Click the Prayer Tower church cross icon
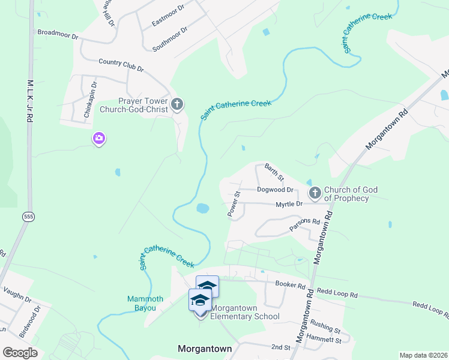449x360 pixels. coord(176,105)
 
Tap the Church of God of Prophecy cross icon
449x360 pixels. coord(315,193)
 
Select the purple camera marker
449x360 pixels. coord(99,139)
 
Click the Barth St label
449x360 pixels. coord(274,172)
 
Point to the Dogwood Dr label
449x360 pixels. coord(275,190)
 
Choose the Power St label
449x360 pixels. coord(234,203)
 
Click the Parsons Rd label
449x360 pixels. coord(305,224)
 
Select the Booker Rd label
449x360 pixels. coord(291,284)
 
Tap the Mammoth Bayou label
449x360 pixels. coord(142,303)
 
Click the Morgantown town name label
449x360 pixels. coord(205,348)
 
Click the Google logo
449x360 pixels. coord(20,353)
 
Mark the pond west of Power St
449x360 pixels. coord(202,209)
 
